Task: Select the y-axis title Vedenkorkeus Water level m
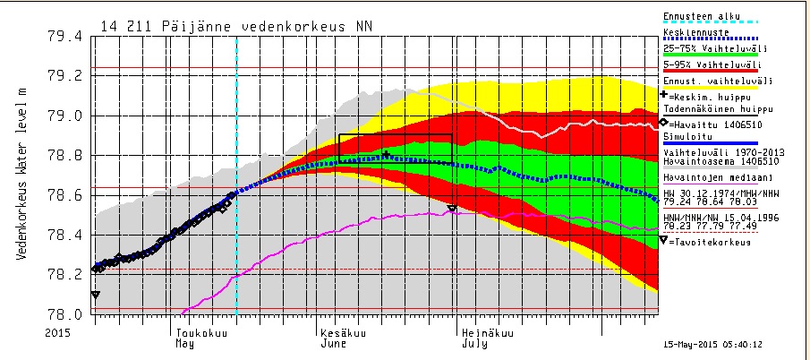21,176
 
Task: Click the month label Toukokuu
199,331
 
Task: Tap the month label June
335,343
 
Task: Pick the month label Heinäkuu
488,331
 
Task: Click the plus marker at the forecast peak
386,155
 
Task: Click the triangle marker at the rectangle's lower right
452,208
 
